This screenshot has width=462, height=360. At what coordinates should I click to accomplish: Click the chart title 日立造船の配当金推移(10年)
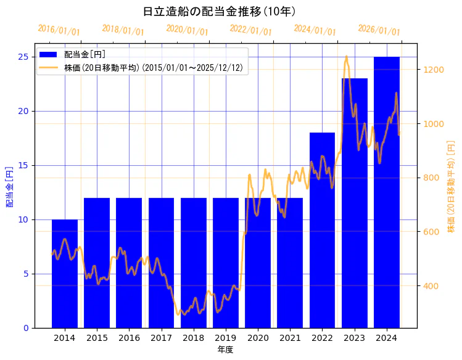219,12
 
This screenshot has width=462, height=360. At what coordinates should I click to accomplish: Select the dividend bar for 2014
65,274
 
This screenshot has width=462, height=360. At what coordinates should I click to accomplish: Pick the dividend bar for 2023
355,203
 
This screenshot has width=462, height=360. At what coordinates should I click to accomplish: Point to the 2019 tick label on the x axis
226,338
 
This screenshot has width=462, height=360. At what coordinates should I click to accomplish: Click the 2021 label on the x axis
290,338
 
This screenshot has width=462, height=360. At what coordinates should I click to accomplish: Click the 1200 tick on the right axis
432,70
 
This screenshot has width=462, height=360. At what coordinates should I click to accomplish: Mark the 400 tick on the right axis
430,286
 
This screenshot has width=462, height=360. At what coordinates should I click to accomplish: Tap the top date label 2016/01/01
59,30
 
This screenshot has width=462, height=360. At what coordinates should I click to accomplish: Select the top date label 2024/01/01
315,30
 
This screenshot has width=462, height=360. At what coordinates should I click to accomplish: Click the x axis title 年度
225,350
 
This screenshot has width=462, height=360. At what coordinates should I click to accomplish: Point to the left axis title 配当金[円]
9,186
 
